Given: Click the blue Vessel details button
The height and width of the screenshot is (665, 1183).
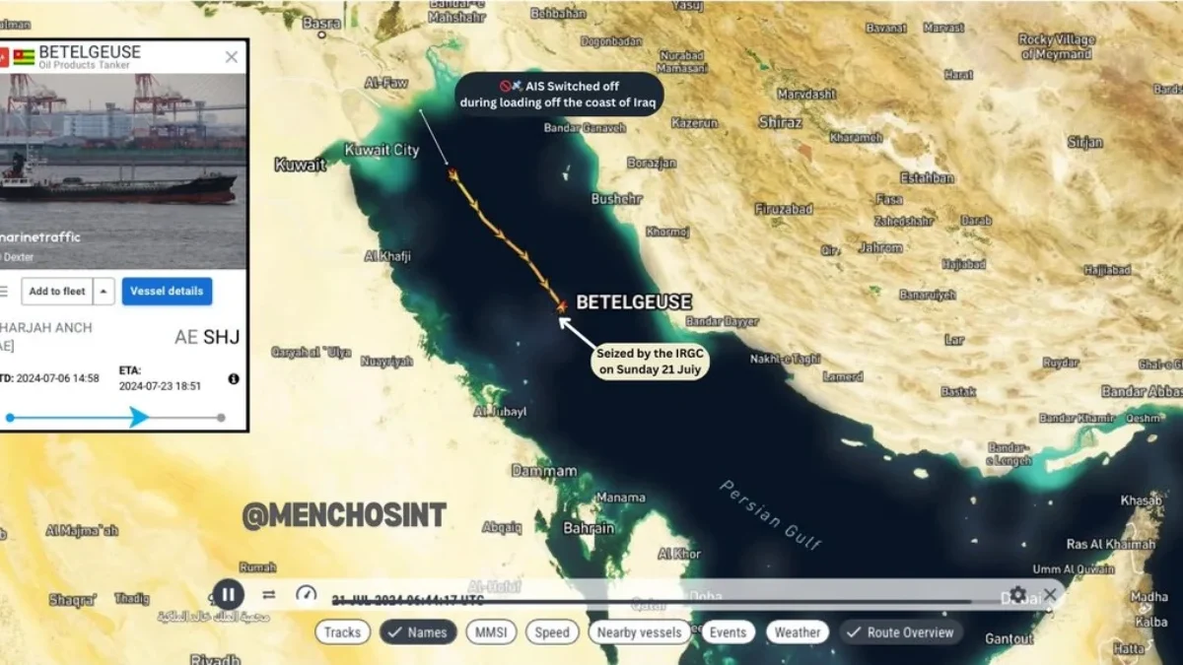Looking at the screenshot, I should click(166, 292).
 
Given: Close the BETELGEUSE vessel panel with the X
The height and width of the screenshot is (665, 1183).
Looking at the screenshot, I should click(232, 57).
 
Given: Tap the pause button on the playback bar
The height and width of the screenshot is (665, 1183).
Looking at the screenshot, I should click(228, 594).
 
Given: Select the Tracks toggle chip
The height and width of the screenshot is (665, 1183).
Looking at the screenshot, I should click(342, 632).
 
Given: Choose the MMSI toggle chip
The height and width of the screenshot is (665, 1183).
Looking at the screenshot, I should click(490, 632).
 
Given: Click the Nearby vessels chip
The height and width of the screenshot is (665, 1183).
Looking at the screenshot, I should click(639, 632).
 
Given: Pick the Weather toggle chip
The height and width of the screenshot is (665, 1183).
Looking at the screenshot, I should click(797, 632).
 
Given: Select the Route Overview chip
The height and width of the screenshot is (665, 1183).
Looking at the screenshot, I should click(901, 632).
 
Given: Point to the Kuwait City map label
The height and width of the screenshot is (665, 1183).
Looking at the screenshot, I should click(382, 151).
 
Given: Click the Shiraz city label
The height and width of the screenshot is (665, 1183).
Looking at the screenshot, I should click(781, 122).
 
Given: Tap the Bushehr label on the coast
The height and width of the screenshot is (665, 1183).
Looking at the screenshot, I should click(617, 199).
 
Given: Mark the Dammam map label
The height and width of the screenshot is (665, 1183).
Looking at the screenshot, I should click(544, 471).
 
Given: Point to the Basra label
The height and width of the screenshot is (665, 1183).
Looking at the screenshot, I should click(322, 23).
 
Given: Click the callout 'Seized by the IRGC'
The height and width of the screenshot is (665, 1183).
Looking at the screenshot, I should click(651, 362).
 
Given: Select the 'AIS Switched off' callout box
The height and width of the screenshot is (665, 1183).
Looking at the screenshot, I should click(559, 95).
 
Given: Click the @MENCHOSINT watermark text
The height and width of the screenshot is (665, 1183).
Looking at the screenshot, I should click(344, 514).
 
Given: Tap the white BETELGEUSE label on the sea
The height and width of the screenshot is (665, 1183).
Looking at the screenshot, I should click(634, 302).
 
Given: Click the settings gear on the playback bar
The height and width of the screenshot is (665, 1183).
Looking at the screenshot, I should click(1017, 595).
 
